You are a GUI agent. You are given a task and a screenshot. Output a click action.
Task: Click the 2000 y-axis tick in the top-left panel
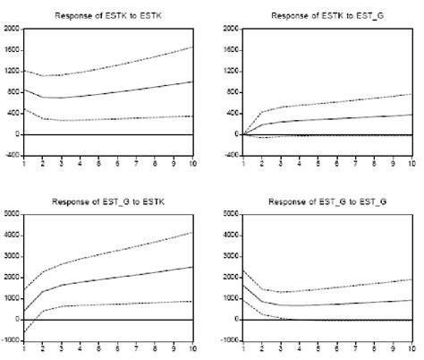[11, 29]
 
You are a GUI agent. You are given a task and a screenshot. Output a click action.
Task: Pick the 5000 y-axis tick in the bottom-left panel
[11, 214]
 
